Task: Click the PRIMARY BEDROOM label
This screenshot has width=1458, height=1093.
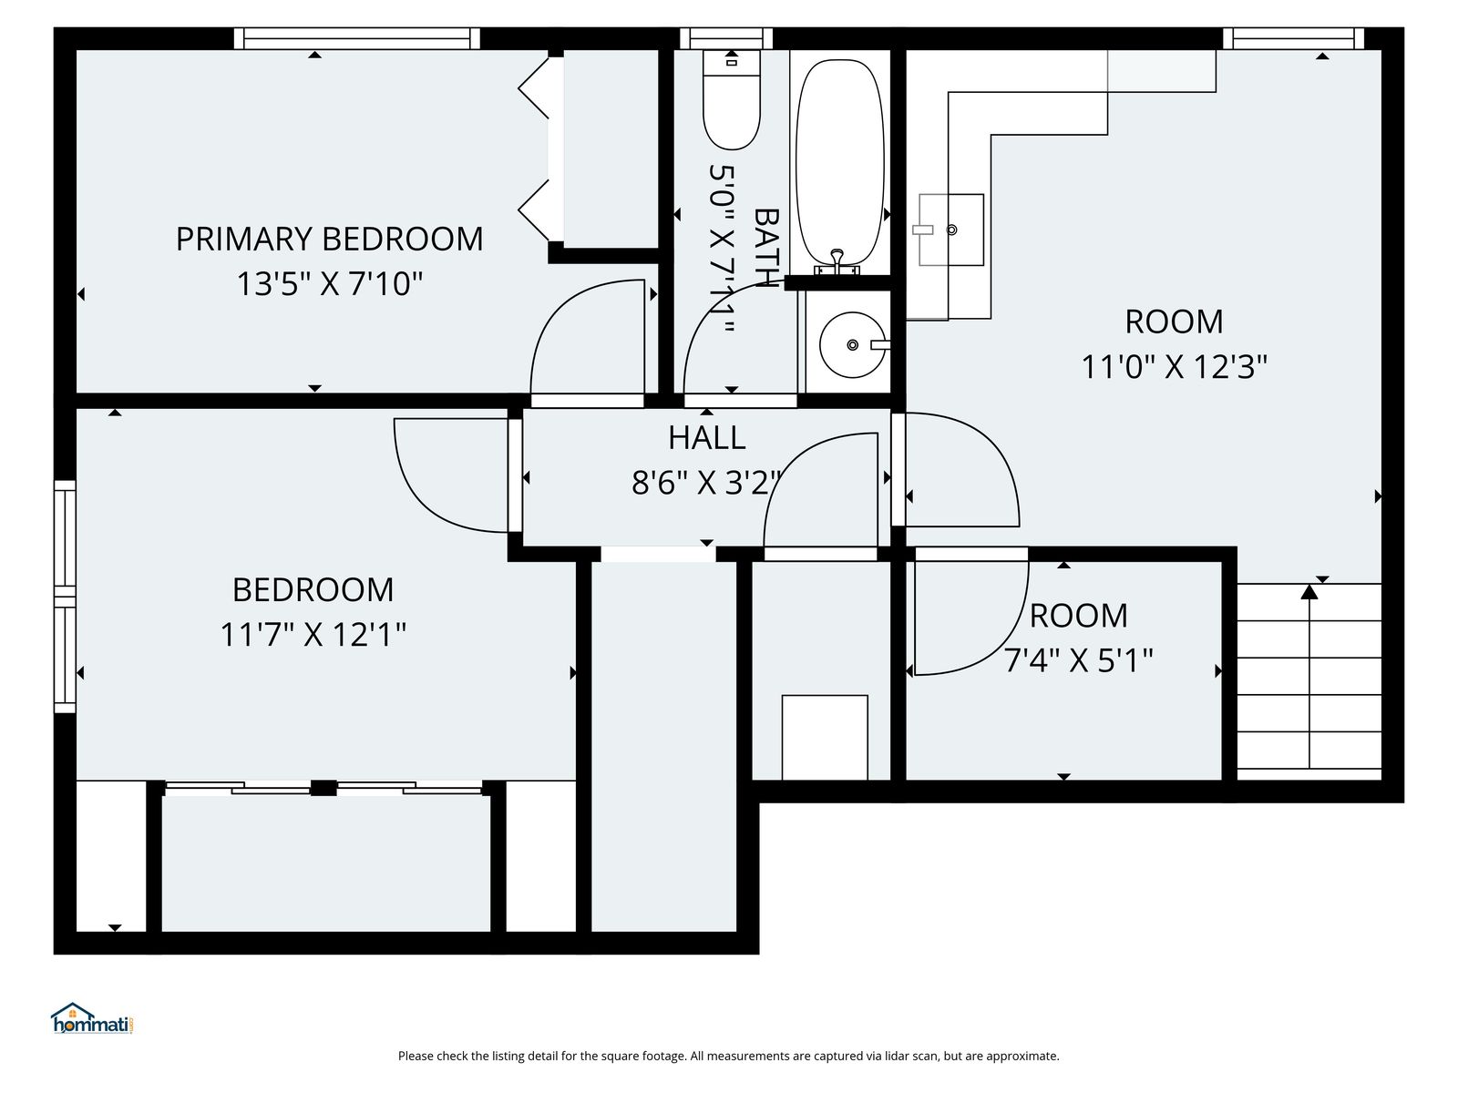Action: coord(329,239)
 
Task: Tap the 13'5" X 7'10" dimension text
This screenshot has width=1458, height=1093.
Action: coord(330,284)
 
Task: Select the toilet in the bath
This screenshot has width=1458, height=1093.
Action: coord(732,99)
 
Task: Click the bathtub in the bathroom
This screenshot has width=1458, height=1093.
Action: coord(839,163)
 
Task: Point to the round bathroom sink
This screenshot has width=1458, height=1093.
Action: coord(853,345)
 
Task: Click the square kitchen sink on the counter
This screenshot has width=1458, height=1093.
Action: coord(950,230)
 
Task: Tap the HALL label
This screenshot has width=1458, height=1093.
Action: coord(707,438)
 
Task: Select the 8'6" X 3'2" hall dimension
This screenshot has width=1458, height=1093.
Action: coord(705,483)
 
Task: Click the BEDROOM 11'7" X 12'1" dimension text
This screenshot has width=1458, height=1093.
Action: coord(313,635)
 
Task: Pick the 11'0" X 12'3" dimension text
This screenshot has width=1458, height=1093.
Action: coord(1175,366)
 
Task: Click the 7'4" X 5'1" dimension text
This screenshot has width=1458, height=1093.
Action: coord(1078,660)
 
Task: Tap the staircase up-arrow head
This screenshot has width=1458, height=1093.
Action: coord(1309,591)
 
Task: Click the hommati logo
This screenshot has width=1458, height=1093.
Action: coord(93,1018)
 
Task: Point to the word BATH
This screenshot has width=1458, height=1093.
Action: coord(765,248)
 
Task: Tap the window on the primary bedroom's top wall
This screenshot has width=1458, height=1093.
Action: coord(356,38)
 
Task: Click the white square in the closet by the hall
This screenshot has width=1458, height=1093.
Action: coord(825,737)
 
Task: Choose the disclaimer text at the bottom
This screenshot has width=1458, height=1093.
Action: coord(729,1056)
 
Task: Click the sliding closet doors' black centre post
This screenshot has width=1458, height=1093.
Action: coord(323,788)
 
